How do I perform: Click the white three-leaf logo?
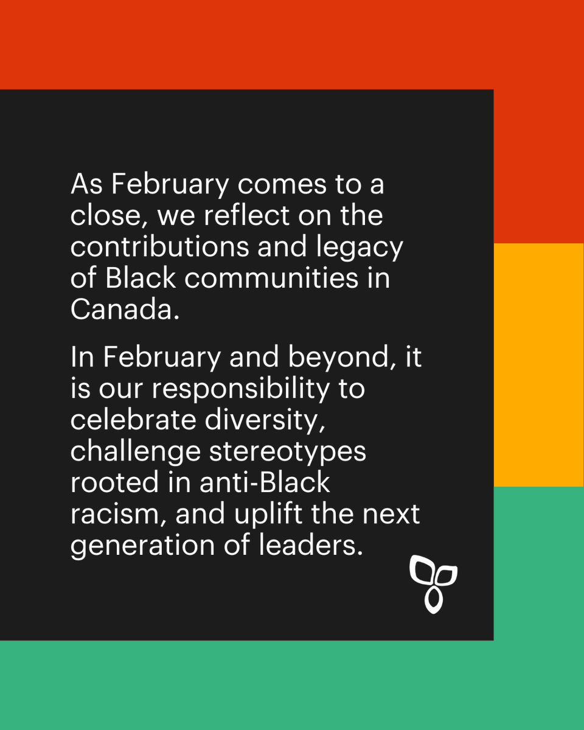pos(433,583)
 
